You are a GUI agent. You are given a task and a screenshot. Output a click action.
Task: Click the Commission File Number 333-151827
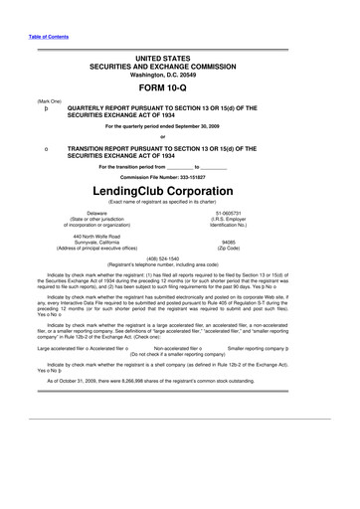coord(181,176)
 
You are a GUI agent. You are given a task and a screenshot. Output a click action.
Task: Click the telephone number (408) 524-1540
coord(180,258)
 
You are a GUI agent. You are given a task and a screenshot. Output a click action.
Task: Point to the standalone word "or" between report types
coord(180,136)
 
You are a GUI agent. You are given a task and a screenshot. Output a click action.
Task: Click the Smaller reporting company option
coord(319,321)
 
